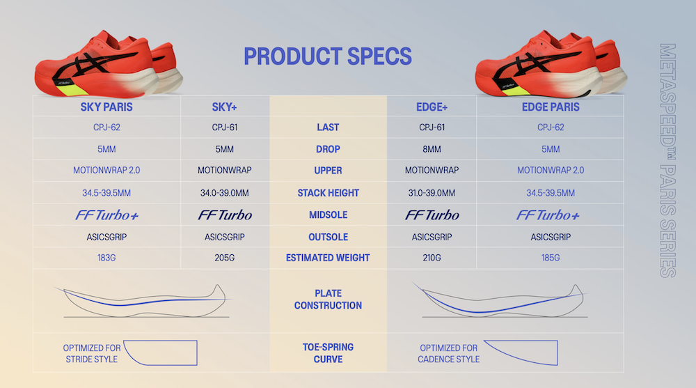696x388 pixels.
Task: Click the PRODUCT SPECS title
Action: (328, 56)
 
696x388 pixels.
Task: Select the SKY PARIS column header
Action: (106, 107)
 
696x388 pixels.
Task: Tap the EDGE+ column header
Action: (432, 107)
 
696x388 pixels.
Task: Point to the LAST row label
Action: (328, 127)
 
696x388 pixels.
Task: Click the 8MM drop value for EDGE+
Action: (432, 149)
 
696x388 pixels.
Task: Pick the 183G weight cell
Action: (106, 258)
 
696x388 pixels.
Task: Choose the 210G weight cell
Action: (432, 258)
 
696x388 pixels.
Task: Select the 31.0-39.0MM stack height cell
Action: (432, 193)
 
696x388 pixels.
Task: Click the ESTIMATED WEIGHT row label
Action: (328, 258)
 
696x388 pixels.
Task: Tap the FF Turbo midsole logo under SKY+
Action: (225, 215)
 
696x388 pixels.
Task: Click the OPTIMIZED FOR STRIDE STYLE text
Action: (92, 353)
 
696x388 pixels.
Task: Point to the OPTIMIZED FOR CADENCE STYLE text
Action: (448, 353)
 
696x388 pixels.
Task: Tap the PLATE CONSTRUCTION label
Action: (328, 299)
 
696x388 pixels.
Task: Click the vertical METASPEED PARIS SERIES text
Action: (667, 160)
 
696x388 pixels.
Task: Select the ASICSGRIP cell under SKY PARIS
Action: (106, 237)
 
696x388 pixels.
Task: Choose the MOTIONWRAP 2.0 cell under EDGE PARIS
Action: (551, 170)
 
